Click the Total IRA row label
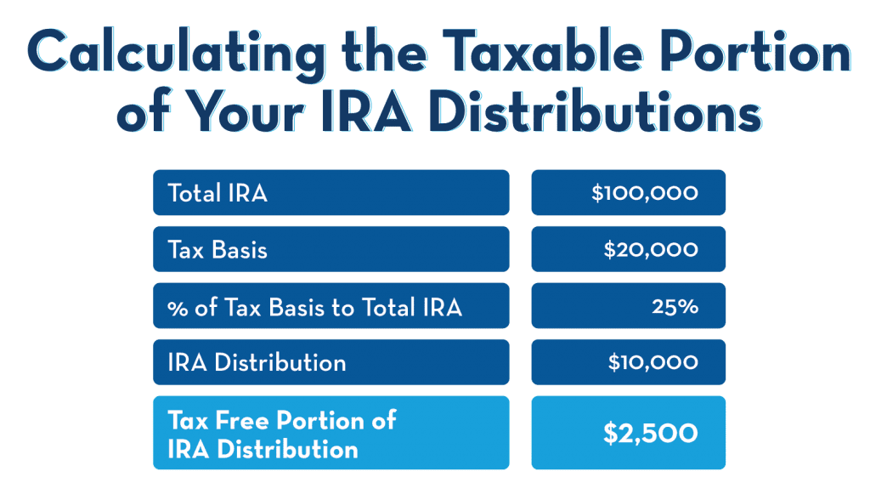tap(217, 193)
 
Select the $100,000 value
tap(645, 193)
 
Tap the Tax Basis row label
tap(217, 250)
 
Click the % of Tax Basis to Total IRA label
tap(314, 307)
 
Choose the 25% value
tap(675, 307)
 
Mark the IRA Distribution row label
tap(257, 363)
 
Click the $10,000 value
tap(652, 363)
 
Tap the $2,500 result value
tap(650, 434)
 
